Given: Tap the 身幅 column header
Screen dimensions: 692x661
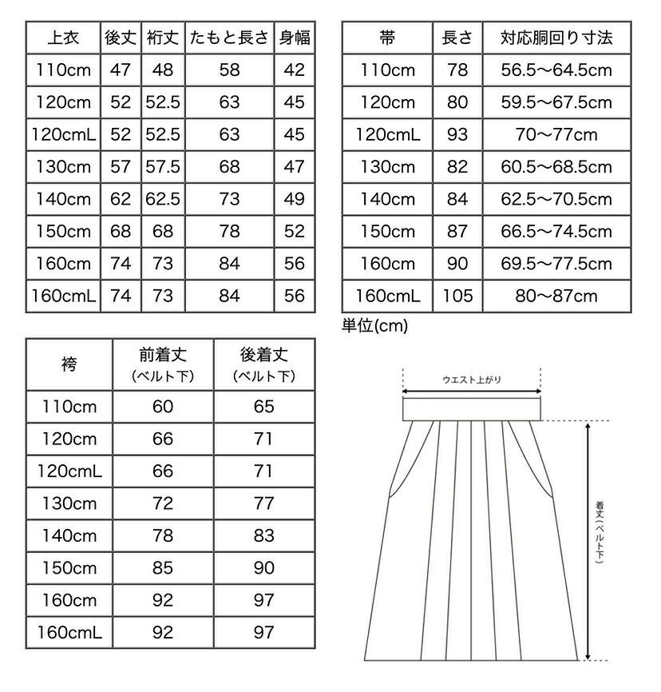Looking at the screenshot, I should [x=294, y=38].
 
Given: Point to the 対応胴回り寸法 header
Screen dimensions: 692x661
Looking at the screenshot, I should [x=556, y=38].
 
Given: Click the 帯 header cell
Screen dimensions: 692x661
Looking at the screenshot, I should [x=388, y=38].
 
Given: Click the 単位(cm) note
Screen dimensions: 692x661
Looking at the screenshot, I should [x=374, y=325].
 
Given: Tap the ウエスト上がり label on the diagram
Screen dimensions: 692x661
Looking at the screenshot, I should [x=472, y=380].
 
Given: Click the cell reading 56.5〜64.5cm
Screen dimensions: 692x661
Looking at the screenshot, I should [x=556, y=70].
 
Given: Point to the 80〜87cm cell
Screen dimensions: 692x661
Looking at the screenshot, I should [x=556, y=296].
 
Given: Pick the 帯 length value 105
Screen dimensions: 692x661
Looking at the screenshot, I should [x=457, y=296].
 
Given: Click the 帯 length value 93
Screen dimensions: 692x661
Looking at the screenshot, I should [x=457, y=134].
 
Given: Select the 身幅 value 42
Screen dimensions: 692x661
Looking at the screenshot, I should [x=294, y=70].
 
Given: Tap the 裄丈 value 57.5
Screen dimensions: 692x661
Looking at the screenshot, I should [x=162, y=166].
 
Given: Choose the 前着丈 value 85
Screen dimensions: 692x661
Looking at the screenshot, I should [x=162, y=568].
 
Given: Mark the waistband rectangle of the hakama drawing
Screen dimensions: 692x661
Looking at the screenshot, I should [x=472, y=408].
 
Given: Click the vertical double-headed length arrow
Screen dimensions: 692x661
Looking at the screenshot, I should [x=588, y=539].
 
